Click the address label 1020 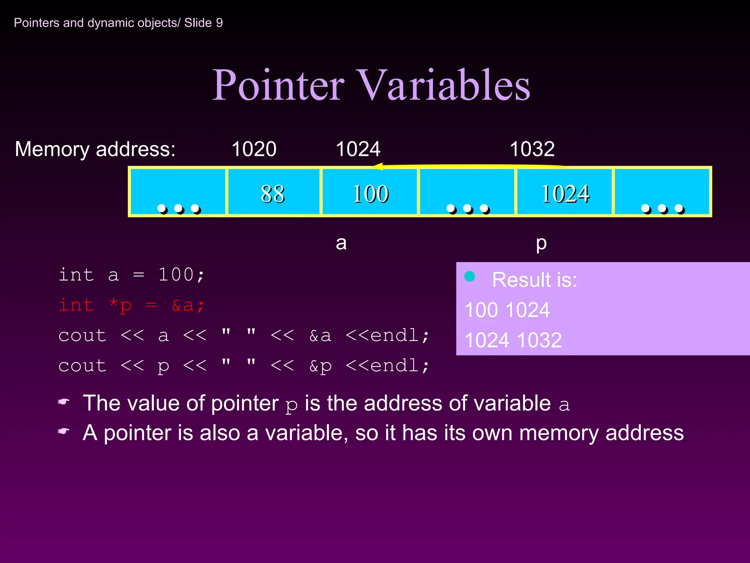coord(254,149)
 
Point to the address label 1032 coord(532,149)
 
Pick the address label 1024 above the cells coord(358,149)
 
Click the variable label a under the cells coord(341,243)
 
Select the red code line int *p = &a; coord(131,305)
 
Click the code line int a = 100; coord(131,275)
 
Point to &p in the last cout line coord(320,366)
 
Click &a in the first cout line coord(320,336)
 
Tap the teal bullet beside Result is coord(469,276)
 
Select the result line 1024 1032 coord(513,340)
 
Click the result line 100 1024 coord(507,310)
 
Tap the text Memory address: coord(95,150)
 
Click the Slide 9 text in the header coord(203,23)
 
